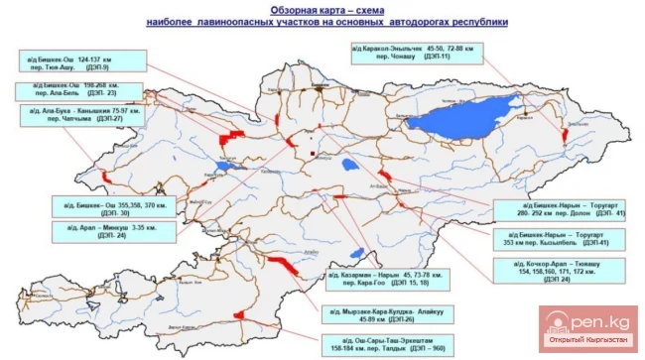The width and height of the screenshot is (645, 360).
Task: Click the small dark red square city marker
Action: click(314, 155)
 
